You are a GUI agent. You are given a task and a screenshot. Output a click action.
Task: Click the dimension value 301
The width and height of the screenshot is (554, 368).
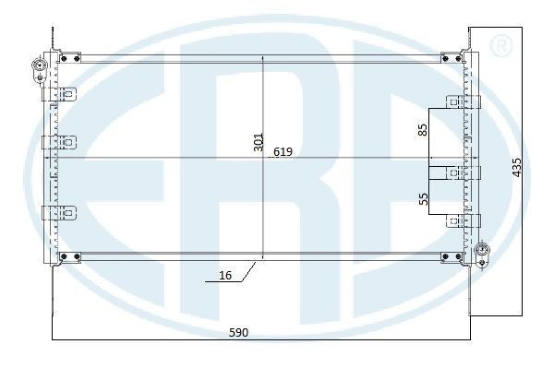click(259, 142)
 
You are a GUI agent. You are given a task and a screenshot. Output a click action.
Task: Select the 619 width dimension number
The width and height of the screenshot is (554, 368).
click(283, 151)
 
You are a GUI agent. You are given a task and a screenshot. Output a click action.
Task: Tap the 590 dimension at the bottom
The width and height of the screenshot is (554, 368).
click(239, 332)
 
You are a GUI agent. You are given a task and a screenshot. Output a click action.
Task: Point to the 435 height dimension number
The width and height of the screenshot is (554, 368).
click(516, 167)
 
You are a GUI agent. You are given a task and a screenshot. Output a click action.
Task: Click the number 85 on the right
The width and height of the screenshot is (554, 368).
click(423, 129)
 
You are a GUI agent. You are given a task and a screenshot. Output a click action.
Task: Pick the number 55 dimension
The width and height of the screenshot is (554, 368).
click(423, 198)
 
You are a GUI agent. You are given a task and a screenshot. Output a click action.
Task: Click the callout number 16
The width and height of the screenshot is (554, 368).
click(225, 275)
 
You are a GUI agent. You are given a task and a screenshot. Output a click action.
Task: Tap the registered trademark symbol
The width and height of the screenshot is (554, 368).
click(500, 45)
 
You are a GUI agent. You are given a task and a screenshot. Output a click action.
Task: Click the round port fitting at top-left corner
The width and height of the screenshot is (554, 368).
click(39, 65)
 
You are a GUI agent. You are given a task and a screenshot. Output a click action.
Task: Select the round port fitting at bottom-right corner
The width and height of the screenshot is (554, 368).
click(481, 250)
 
